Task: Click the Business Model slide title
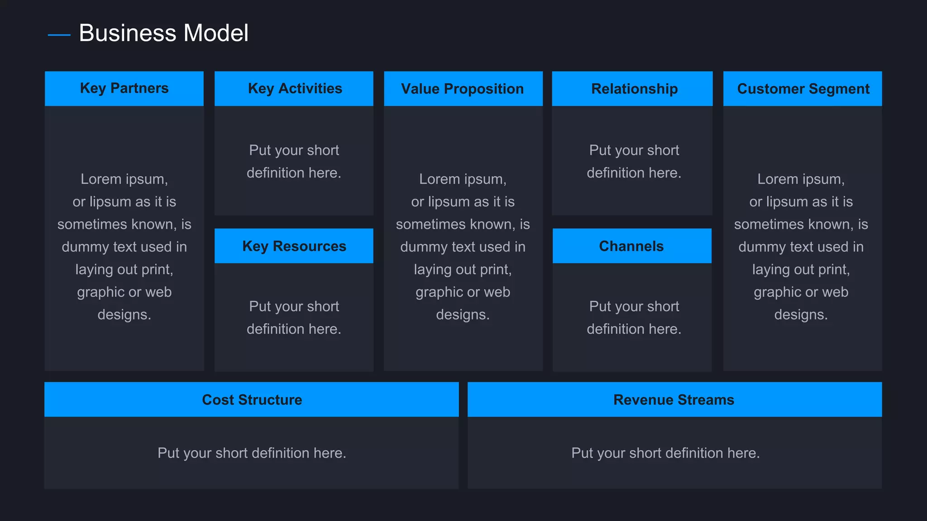(x=163, y=33)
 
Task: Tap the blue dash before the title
(x=59, y=35)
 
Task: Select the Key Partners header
(x=124, y=88)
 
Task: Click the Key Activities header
(x=295, y=89)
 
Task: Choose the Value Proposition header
(x=462, y=89)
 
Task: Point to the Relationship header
(x=634, y=89)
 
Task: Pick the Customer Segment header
(x=803, y=89)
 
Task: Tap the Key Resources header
(x=294, y=246)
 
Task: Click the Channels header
(x=631, y=246)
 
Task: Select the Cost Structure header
(x=252, y=400)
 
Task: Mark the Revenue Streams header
(x=674, y=400)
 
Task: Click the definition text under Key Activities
(x=294, y=161)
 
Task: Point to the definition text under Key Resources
(x=294, y=317)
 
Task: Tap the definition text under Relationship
(x=634, y=161)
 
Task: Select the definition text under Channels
(x=634, y=317)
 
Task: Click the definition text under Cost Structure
(x=252, y=453)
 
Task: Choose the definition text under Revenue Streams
(x=665, y=453)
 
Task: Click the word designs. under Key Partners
(x=124, y=314)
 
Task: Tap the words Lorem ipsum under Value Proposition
(x=463, y=179)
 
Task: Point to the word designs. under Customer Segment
(x=801, y=314)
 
